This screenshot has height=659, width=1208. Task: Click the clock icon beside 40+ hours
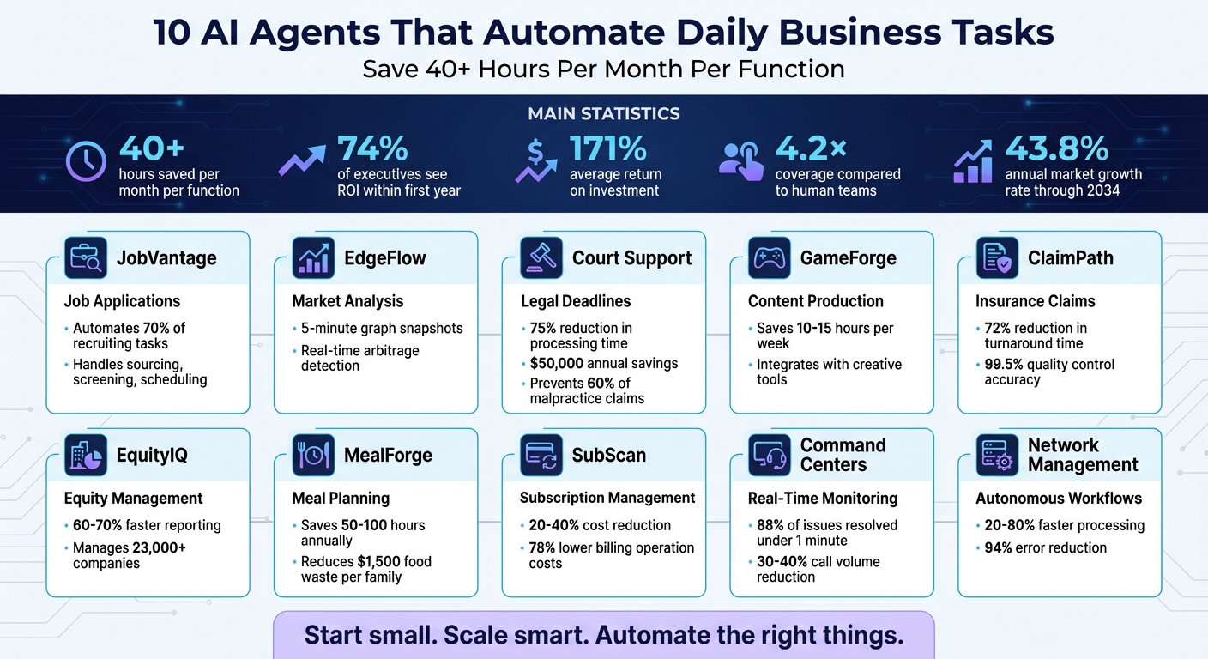tap(87, 160)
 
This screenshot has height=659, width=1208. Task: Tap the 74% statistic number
tap(372, 149)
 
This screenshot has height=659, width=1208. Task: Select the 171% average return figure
tap(607, 149)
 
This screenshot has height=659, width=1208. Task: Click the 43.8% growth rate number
tap(1057, 149)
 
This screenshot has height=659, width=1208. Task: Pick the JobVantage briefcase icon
tap(86, 258)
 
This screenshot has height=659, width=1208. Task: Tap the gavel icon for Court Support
tap(541, 258)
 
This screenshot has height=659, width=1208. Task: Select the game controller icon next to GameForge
tap(770, 258)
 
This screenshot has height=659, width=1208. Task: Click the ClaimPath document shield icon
tap(997, 258)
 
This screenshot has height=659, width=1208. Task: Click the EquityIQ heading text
tap(151, 455)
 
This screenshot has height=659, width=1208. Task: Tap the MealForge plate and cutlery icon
tap(314, 455)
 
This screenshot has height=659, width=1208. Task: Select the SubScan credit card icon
tap(541, 455)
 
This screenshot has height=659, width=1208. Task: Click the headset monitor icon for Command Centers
tap(770, 455)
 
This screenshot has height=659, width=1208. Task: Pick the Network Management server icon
tap(997, 455)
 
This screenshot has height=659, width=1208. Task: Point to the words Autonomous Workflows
tap(1058, 498)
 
